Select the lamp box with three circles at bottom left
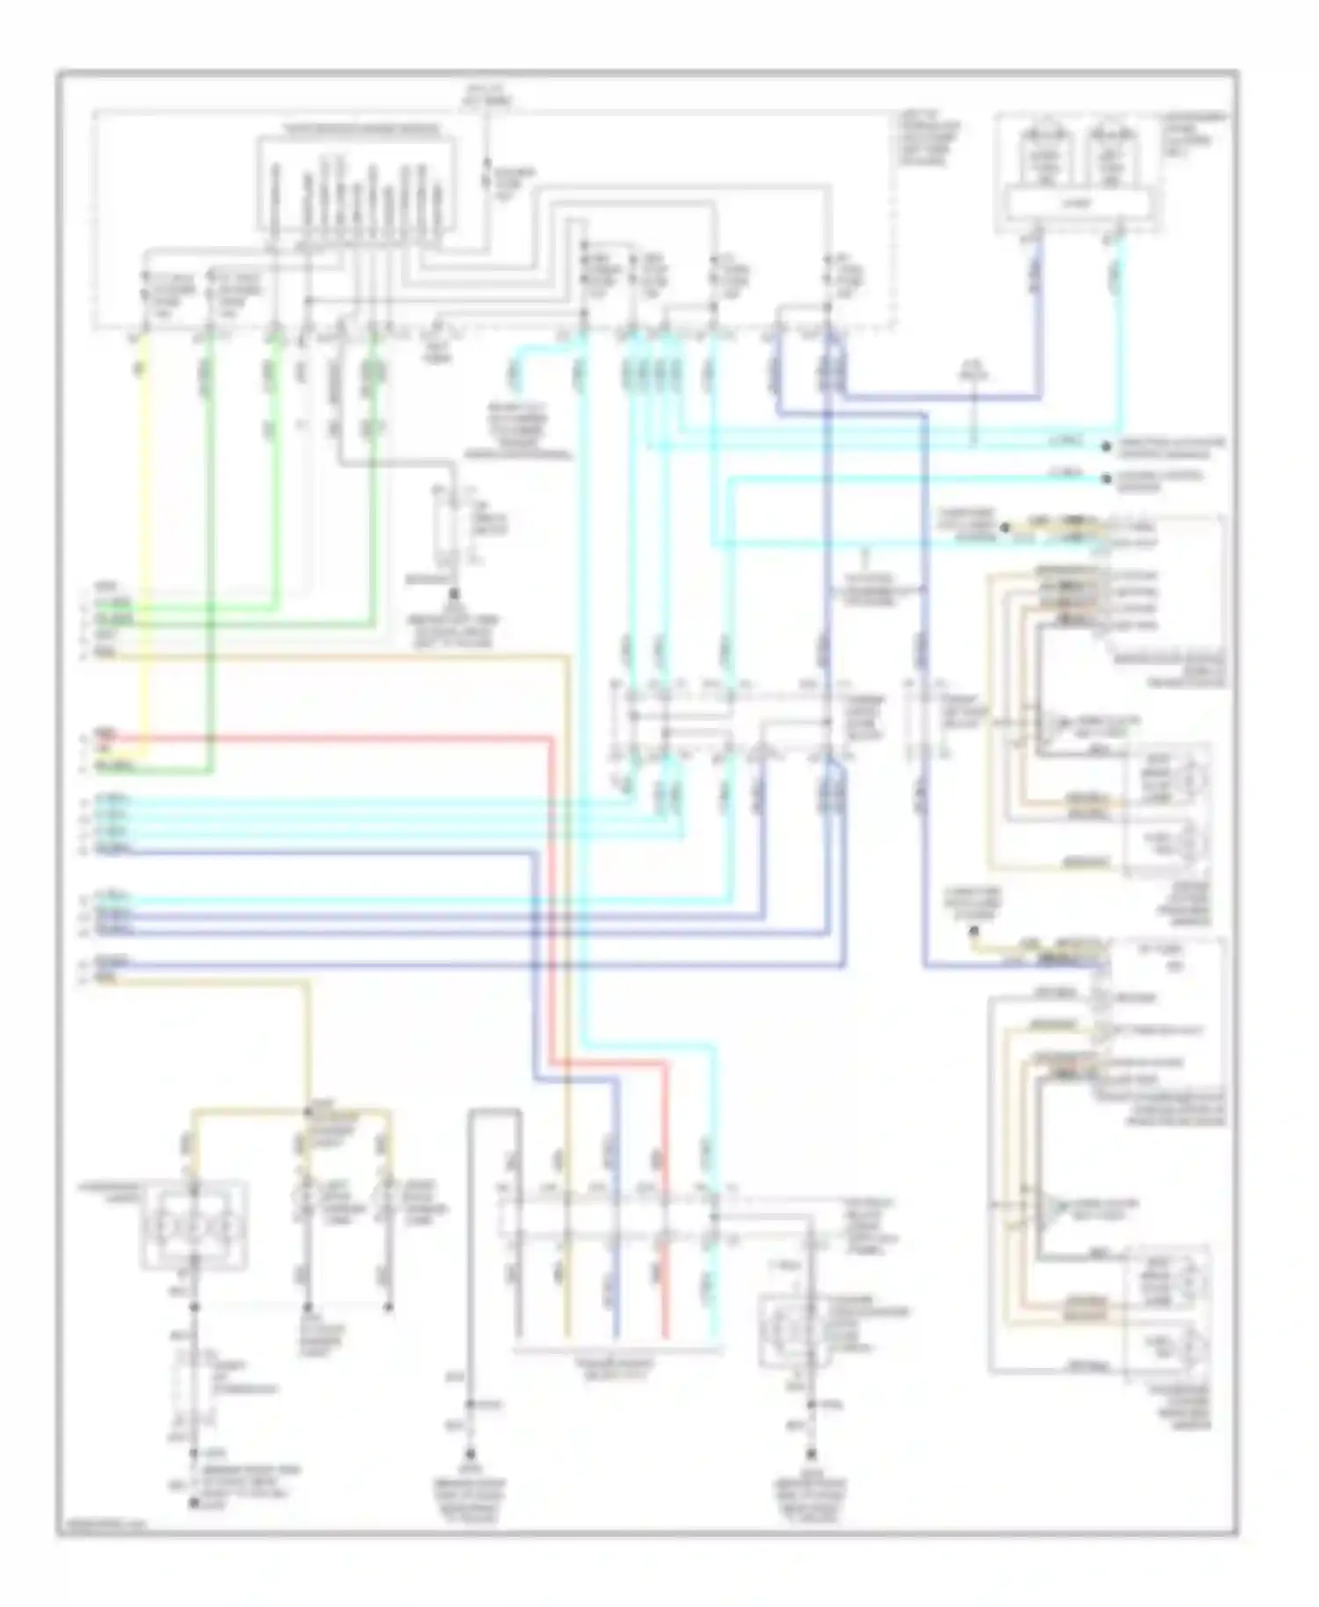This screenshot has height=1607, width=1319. pos(194,1226)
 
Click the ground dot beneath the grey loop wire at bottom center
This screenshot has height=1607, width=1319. pos(470,1455)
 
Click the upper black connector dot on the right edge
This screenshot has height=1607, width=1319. pos(1106,447)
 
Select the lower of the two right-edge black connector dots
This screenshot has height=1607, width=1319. pos(1106,480)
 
